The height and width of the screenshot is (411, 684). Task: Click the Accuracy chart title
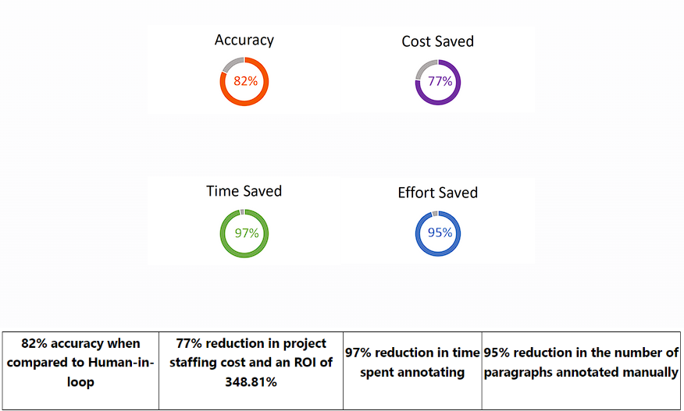click(x=244, y=40)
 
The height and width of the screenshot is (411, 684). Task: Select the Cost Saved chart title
click(x=437, y=41)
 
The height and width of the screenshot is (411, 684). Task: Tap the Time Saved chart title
click(x=244, y=191)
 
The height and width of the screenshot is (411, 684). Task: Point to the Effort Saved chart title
click(x=437, y=193)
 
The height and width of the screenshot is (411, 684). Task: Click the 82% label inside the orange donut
click(x=245, y=80)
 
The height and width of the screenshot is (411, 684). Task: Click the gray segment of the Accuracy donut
click(x=231, y=64)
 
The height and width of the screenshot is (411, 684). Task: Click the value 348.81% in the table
click(x=251, y=383)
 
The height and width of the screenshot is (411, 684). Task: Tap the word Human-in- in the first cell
click(x=124, y=363)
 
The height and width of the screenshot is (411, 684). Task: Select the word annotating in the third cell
click(x=433, y=373)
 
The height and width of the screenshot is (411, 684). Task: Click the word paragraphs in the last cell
click(x=518, y=373)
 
